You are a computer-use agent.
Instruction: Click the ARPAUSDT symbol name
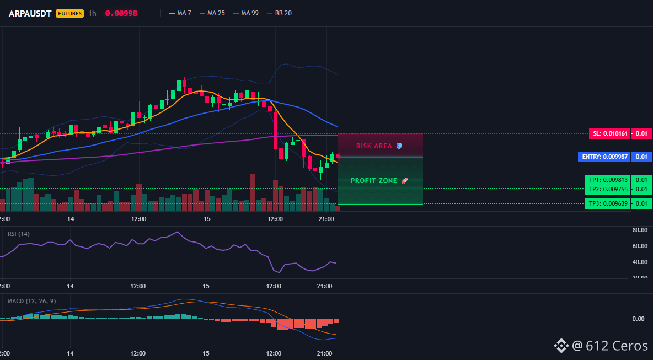30,13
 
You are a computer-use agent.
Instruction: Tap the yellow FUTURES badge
69,13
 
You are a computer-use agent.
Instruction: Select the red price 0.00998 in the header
121,13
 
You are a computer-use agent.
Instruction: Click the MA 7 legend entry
180,13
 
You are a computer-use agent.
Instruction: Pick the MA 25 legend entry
212,13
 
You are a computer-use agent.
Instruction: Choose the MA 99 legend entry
246,13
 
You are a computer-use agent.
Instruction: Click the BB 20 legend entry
279,13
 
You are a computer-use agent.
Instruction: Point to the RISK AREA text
374,146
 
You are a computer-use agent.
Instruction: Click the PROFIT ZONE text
374,181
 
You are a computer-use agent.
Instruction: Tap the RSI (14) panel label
19,234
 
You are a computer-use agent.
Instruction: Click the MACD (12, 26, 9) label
31,301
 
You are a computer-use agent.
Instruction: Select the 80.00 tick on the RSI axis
640,230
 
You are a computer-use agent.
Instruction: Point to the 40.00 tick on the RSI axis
640,262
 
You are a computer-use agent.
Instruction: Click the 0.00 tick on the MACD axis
639,319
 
